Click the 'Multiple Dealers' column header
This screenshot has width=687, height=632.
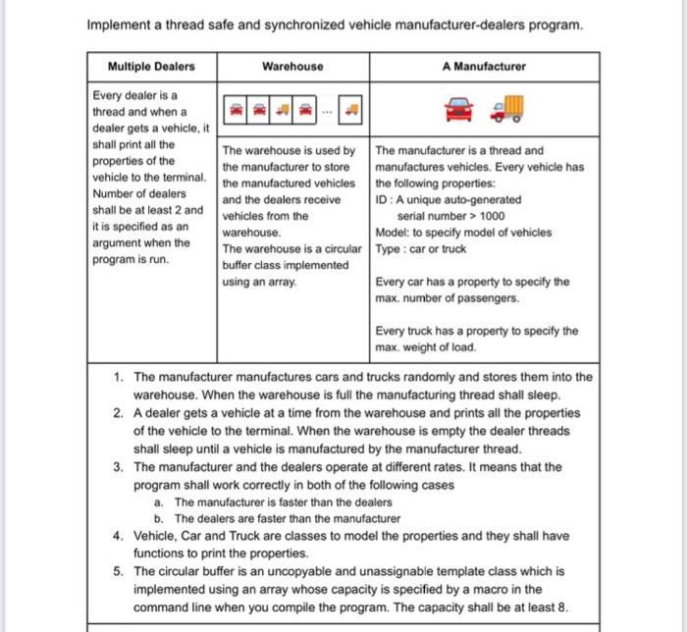tap(151, 67)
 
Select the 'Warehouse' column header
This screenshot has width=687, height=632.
tap(292, 67)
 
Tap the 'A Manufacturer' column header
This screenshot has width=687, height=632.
tap(484, 67)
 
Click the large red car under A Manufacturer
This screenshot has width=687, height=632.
tap(458, 109)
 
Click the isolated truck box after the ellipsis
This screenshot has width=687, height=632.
tap(352, 111)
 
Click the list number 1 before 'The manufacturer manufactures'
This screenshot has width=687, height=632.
tap(118, 377)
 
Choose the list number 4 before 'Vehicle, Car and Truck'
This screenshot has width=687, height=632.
tap(118, 536)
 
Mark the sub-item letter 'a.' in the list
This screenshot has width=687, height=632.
tap(159, 501)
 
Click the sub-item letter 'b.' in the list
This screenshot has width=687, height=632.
tap(159, 518)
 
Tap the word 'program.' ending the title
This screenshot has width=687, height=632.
tap(555, 24)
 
